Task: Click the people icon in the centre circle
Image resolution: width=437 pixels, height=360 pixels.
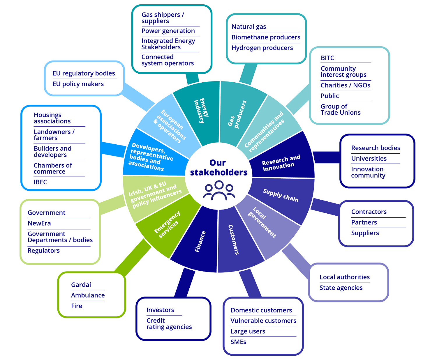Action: click(x=219, y=191)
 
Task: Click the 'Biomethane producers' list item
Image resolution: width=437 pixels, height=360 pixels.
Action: click(x=266, y=37)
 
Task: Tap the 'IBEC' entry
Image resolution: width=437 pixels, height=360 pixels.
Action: click(x=40, y=182)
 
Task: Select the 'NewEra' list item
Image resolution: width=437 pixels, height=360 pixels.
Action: click(x=39, y=223)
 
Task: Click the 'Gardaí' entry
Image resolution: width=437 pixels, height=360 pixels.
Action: click(x=81, y=285)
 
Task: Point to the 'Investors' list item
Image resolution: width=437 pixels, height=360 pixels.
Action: click(x=160, y=310)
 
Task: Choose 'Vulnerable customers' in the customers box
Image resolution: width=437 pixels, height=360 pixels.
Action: click(x=263, y=321)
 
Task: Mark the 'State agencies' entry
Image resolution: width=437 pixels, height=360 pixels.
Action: click(x=341, y=288)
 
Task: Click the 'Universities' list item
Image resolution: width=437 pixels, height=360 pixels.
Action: click(x=369, y=159)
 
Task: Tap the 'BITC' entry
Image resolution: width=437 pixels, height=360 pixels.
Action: click(x=327, y=58)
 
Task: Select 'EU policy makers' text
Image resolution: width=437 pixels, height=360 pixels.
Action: click(x=78, y=84)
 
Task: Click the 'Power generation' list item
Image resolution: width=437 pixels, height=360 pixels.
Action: click(x=168, y=31)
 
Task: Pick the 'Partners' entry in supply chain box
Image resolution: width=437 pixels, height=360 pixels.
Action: click(x=364, y=223)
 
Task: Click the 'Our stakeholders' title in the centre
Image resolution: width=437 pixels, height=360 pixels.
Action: click(x=218, y=168)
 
